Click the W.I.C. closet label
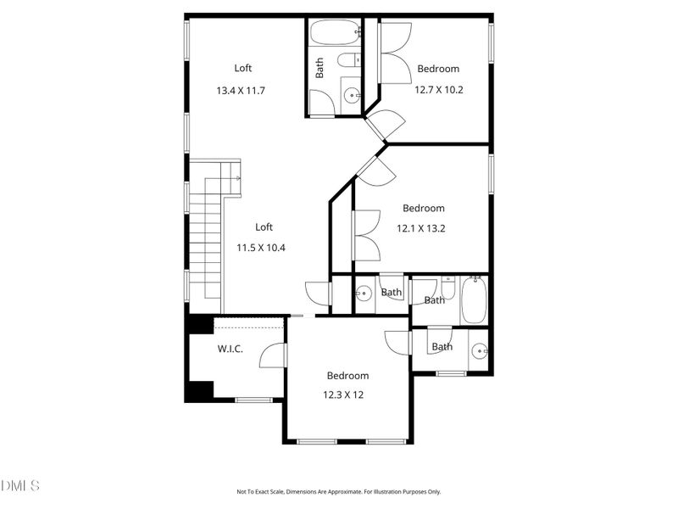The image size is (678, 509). pos(230,349)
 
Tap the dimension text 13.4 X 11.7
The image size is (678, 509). pos(241,90)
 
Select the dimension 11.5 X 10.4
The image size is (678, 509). pos(264,248)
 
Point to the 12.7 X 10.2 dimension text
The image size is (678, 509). pos(438,88)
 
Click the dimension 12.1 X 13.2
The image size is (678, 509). pos(423,227)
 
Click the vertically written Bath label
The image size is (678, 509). pos(320,68)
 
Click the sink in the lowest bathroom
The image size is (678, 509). pos(480,350)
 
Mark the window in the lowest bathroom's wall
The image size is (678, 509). pos(451,373)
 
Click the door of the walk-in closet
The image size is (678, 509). pos(273,354)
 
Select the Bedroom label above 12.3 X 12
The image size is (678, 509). pos(347,376)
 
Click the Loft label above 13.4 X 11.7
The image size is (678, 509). pos(243,69)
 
